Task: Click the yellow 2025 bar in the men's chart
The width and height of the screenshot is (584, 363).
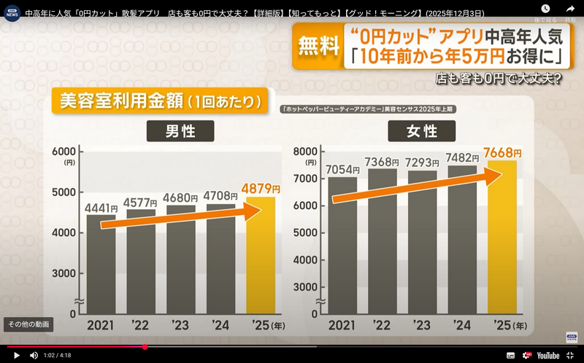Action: coord(261,255)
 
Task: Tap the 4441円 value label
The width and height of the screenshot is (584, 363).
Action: coord(101,208)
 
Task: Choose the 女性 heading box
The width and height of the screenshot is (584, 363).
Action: coord(422,131)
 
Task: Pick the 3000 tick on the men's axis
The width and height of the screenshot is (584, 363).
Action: coord(64,273)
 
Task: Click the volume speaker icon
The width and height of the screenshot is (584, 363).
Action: coord(34,355)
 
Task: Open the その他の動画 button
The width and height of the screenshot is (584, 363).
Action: coord(28,324)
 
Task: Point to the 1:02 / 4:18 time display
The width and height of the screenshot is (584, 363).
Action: coord(58,355)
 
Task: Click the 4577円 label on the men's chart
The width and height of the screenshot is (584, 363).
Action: coord(140,202)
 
